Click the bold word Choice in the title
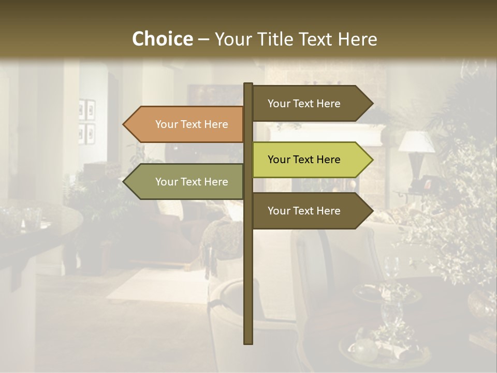pos(162,39)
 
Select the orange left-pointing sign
pos(186,124)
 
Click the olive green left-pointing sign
pos(186,182)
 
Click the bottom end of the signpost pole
pos(248,342)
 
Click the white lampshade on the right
pos(417,141)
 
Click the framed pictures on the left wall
pos(86,122)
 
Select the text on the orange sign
pos(192,124)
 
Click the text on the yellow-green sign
pos(304,160)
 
